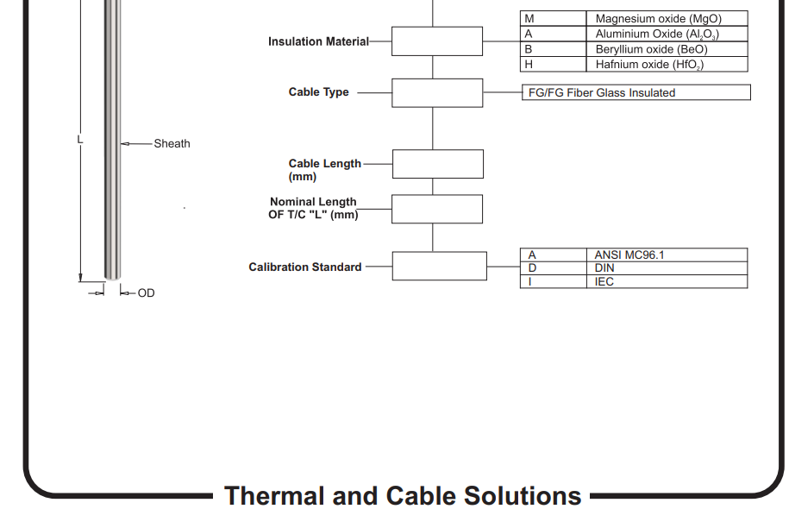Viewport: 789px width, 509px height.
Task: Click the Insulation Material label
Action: (x=318, y=41)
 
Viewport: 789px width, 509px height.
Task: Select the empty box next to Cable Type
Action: (x=437, y=92)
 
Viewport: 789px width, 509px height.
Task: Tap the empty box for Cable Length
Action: (x=438, y=164)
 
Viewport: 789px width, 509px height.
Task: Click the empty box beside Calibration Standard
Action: (x=439, y=266)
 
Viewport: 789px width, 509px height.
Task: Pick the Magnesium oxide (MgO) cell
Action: (x=667, y=19)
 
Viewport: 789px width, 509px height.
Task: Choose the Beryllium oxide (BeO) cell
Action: (x=667, y=49)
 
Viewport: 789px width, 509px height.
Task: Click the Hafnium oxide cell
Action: (x=667, y=64)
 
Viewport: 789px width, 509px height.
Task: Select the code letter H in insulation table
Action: (x=529, y=64)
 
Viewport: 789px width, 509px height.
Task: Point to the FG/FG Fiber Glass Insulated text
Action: (x=601, y=92)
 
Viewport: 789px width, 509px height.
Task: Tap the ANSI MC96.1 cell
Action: (x=667, y=255)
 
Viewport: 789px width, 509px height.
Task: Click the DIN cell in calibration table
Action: (x=667, y=267)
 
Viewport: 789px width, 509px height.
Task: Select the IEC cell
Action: (x=667, y=281)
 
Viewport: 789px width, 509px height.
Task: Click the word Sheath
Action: (x=172, y=143)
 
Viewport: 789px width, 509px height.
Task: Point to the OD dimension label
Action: (x=146, y=293)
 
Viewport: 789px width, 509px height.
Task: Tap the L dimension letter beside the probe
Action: (x=79, y=139)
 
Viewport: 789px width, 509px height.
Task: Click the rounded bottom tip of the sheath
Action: (x=112, y=277)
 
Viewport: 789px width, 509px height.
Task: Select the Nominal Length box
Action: (x=437, y=209)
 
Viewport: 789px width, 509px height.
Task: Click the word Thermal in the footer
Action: (x=275, y=495)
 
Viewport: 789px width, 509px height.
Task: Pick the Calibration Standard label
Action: (x=305, y=267)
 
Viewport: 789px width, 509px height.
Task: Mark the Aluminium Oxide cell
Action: (x=667, y=34)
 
